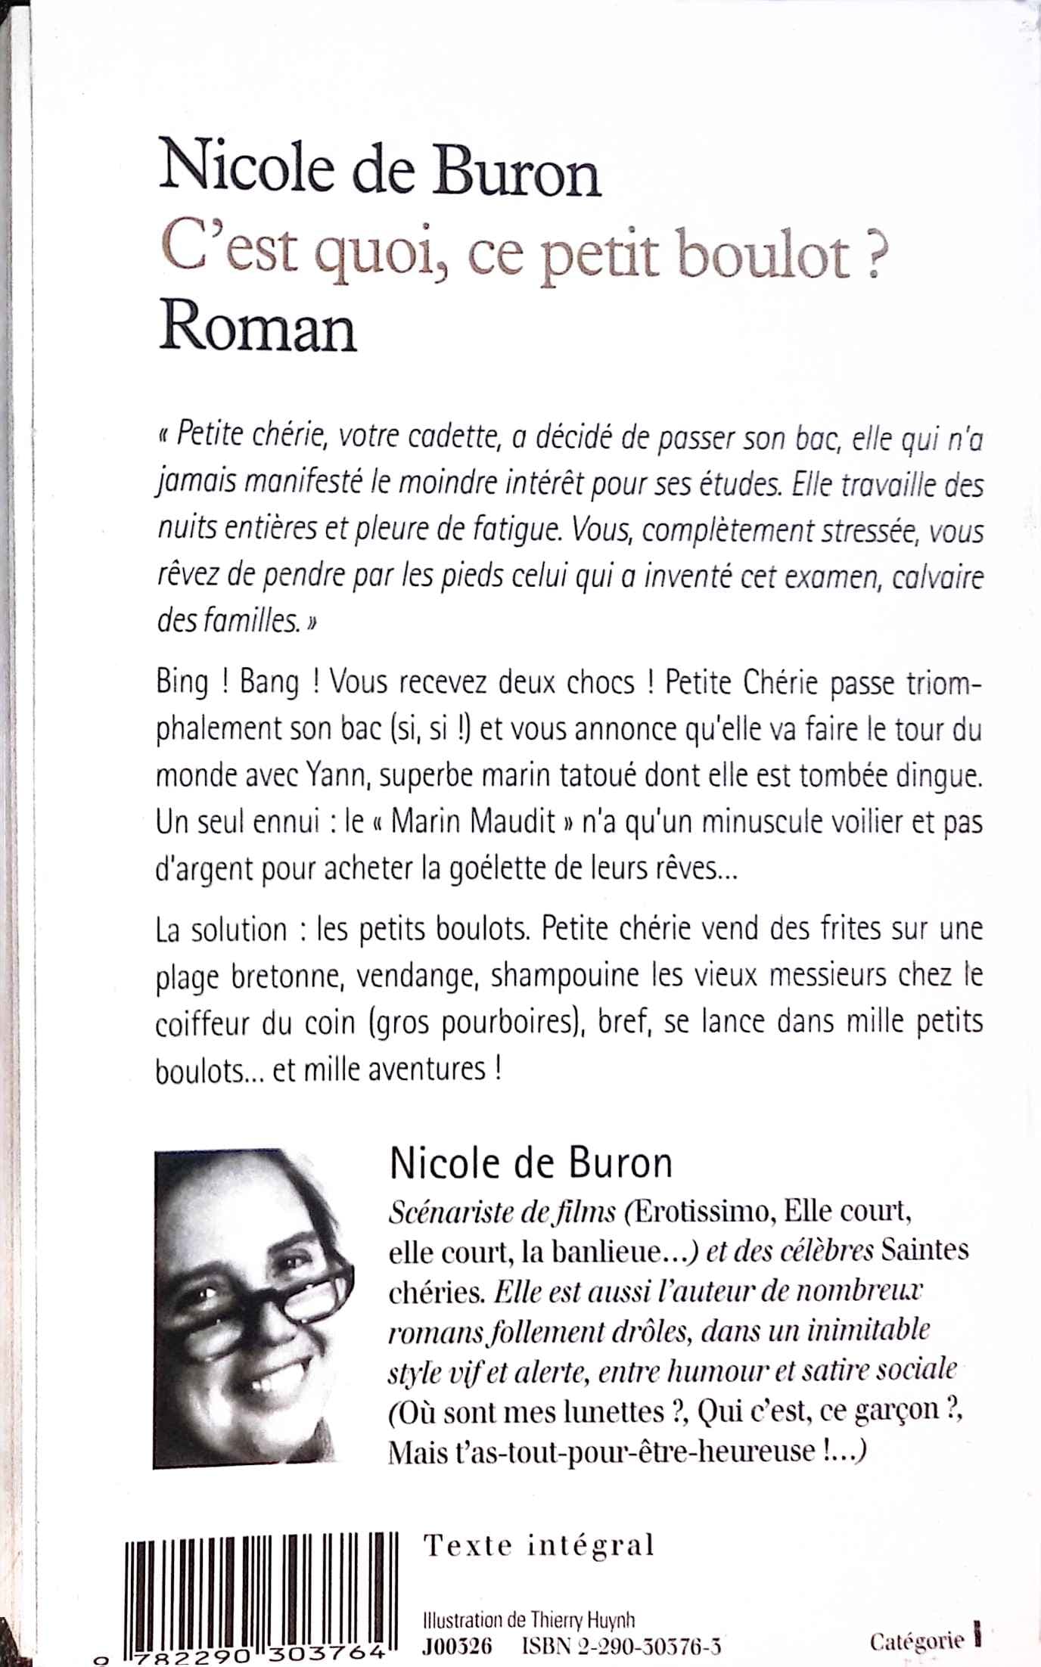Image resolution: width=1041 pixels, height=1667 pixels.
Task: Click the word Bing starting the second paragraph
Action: click(x=182, y=683)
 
